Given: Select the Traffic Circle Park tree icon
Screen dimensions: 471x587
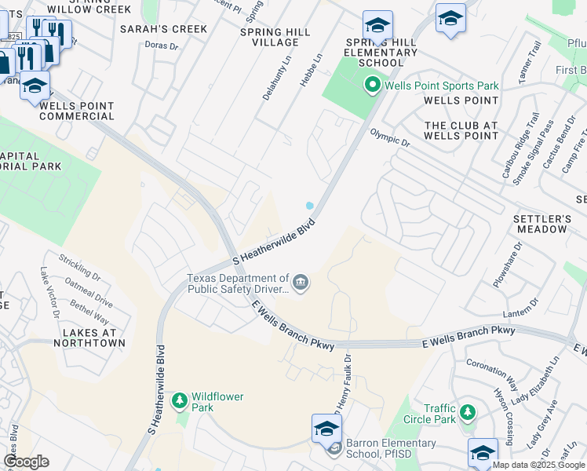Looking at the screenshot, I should [469, 412].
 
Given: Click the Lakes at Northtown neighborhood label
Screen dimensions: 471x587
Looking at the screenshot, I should [89, 338].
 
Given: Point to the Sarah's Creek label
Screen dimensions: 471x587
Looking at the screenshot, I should [163, 29].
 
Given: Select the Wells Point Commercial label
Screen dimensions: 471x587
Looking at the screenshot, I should [76, 111].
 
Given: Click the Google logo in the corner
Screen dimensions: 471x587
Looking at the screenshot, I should [26, 462].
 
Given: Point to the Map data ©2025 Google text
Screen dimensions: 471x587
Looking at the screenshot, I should [538, 465].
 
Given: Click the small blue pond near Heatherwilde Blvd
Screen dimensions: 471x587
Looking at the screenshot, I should [310, 206].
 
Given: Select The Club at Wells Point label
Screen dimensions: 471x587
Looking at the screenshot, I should [461, 130].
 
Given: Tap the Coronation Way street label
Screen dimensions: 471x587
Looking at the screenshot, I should [492, 372].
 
